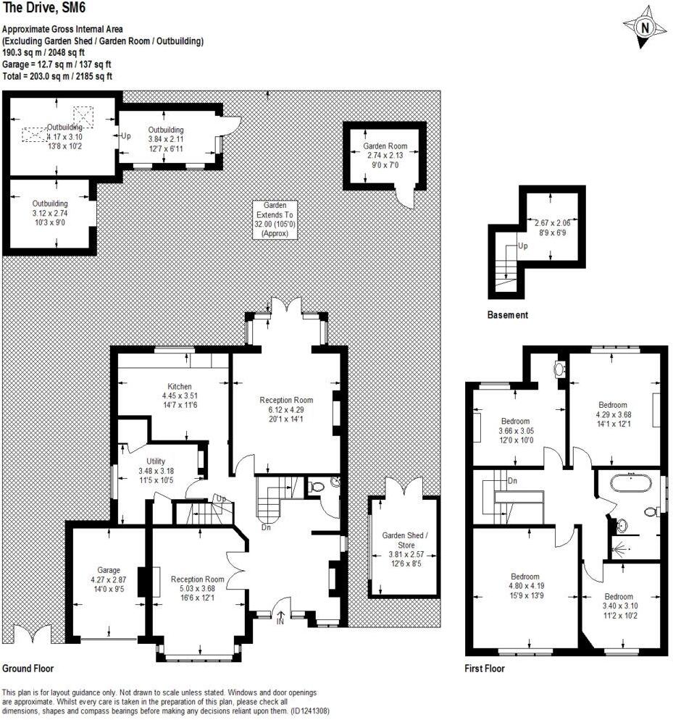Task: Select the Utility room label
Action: click(x=156, y=460)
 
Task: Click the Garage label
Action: click(x=109, y=570)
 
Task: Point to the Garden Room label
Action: click(x=385, y=146)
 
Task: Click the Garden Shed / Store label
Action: click(x=404, y=540)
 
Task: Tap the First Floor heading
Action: click(x=484, y=669)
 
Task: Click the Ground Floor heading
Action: click(x=28, y=669)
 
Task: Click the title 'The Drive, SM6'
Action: click(x=43, y=9)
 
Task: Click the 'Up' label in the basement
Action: click(x=522, y=246)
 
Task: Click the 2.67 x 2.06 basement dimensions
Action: click(x=552, y=224)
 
